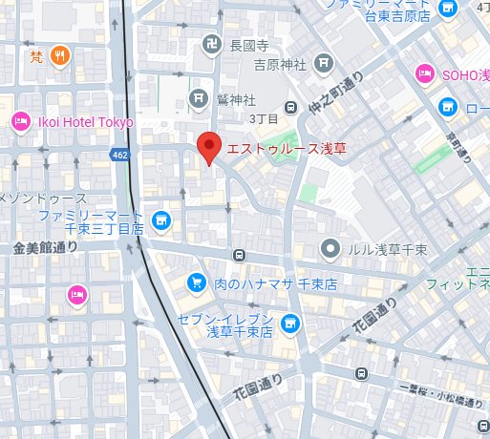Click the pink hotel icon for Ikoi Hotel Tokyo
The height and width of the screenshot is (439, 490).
pyautogui.click(x=20, y=121)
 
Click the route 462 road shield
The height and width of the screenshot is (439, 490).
pyautogui.click(x=119, y=155)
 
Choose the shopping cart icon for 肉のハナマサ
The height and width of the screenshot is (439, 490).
pyautogui.click(x=196, y=282)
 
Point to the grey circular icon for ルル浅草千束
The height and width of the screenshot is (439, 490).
pyautogui.click(x=330, y=248)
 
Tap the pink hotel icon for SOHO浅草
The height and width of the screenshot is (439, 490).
pyautogui.click(x=424, y=73)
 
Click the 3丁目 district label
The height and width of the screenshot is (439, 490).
pyautogui.click(x=262, y=118)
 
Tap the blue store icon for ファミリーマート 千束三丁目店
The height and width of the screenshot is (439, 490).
pyautogui.click(x=161, y=220)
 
